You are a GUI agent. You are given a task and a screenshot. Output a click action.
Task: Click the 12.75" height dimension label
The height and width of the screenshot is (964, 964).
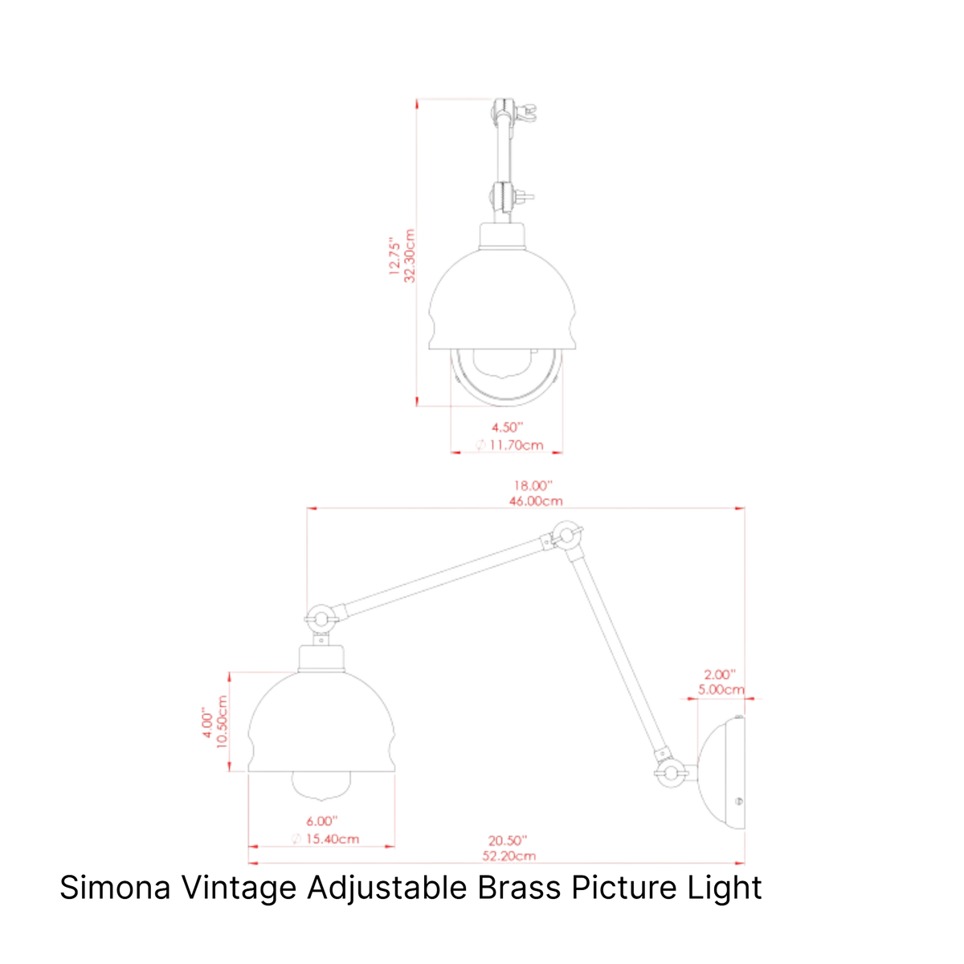394,256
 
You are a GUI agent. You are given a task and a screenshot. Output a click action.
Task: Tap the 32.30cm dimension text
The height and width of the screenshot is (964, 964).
410,255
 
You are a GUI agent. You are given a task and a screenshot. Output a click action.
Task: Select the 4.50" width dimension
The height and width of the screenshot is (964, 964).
507,427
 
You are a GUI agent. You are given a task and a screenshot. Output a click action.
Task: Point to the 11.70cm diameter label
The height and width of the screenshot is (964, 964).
509,445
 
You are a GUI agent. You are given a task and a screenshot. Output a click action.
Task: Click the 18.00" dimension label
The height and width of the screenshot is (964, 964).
533,485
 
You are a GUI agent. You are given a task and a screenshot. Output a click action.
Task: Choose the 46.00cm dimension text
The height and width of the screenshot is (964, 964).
536,500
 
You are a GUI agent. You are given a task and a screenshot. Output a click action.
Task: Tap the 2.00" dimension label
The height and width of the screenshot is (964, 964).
720,674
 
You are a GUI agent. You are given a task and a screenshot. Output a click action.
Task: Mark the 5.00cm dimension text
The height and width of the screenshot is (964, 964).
721,689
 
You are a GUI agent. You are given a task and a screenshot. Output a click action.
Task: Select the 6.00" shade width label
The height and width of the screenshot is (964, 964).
321,821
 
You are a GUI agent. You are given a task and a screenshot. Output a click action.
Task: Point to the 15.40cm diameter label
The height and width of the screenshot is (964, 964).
325,839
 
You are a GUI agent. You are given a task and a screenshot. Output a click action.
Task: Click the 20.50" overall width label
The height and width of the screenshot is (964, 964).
508,840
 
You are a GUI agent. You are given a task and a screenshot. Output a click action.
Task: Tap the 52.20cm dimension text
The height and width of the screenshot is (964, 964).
509,856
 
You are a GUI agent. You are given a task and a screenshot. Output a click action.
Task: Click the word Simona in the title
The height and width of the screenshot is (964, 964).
115,888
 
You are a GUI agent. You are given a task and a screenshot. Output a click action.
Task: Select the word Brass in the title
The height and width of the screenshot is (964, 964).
519,888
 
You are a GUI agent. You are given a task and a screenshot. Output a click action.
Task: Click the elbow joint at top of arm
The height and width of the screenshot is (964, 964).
566,535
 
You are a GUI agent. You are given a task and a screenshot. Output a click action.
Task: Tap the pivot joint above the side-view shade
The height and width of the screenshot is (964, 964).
321,619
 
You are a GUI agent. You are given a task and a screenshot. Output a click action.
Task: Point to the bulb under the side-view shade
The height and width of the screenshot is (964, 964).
321,784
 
